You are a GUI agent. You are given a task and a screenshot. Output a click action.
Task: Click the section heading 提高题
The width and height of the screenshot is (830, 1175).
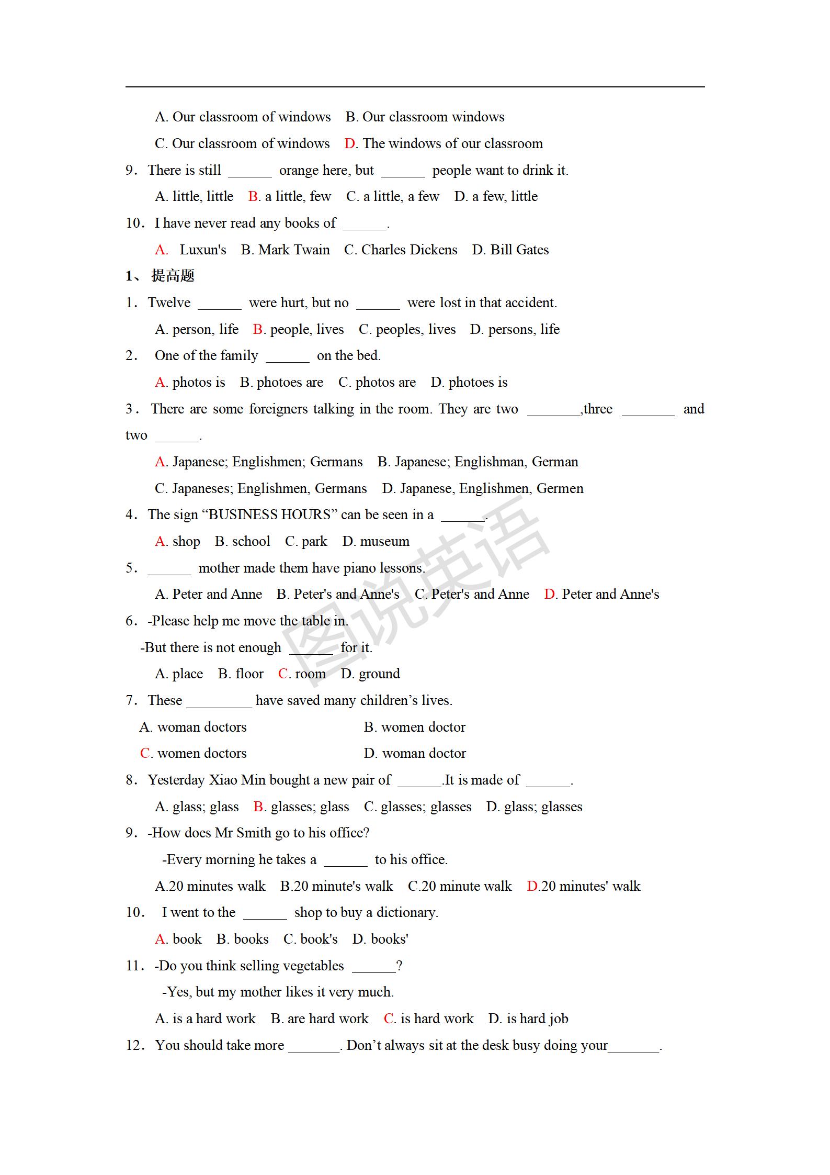(x=173, y=276)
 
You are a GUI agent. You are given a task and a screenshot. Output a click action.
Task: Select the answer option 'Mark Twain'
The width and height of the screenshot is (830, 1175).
(x=294, y=250)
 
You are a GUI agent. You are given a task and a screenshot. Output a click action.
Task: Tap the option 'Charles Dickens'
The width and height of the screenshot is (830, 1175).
(x=409, y=250)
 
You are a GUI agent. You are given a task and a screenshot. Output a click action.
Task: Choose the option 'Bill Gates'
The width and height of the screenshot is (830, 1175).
(x=519, y=250)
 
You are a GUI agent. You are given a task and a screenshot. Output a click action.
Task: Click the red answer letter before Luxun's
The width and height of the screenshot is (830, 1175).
(x=161, y=250)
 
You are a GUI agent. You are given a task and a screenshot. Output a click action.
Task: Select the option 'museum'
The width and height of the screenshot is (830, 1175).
(x=385, y=541)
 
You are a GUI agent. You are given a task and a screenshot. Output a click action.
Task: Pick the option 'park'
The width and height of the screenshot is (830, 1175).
(x=314, y=541)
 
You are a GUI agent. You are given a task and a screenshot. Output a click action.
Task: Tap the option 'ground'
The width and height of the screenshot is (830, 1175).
(x=379, y=674)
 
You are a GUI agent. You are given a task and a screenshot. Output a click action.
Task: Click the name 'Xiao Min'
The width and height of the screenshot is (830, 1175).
(x=237, y=780)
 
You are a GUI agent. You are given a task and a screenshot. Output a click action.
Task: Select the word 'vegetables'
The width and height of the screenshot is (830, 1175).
(x=313, y=966)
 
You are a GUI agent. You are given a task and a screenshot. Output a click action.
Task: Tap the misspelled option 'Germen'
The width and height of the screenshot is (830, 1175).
(x=560, y=488)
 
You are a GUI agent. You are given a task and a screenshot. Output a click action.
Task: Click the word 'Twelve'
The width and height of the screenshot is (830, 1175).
(x=169, y=303)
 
